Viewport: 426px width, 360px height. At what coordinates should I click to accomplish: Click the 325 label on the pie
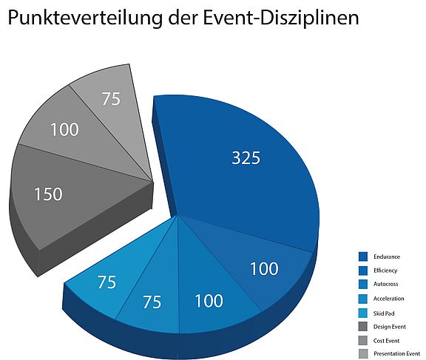click(246, 157)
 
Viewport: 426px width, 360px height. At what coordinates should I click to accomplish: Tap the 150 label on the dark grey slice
click(48, 194)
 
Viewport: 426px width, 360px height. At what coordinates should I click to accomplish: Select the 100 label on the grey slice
click(64, 129)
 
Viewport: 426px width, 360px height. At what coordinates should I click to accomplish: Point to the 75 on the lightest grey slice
click(111, 98)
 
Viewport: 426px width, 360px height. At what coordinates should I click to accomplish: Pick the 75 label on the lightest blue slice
click(106, 282)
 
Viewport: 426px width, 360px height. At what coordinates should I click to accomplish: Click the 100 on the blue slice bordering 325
click(264, 268)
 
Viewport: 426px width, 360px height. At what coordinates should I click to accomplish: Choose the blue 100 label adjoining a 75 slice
click(209, 301)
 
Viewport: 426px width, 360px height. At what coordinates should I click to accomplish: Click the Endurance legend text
click(388, 257)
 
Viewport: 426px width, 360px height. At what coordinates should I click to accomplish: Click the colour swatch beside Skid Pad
click(363, 312)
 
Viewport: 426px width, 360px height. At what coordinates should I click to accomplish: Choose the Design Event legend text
click(390, 326)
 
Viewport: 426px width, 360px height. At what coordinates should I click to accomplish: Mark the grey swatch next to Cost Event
click(363, 340)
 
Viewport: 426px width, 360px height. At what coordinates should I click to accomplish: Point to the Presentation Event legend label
click(397, 353)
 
